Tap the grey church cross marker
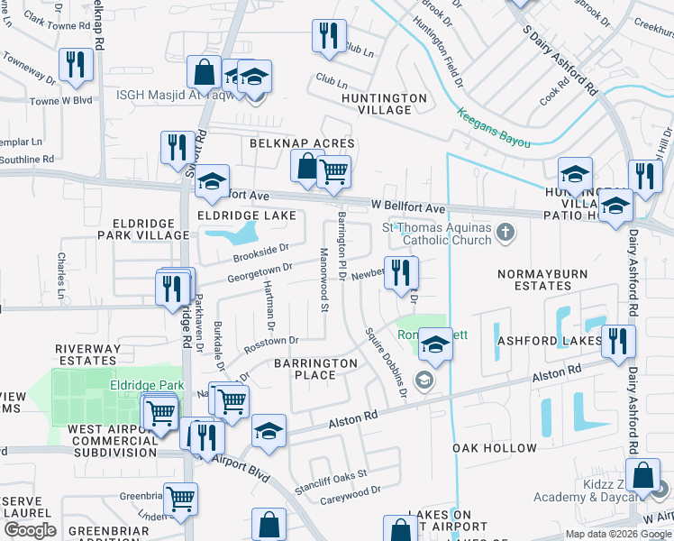click(505, 234)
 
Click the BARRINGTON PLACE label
click(315, 369)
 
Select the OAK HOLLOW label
click(495, 448)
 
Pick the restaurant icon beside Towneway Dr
click(74, 64)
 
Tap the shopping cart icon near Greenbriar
click(181, 498)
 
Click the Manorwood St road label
click(323, 277)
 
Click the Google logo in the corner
click(31, 530)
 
